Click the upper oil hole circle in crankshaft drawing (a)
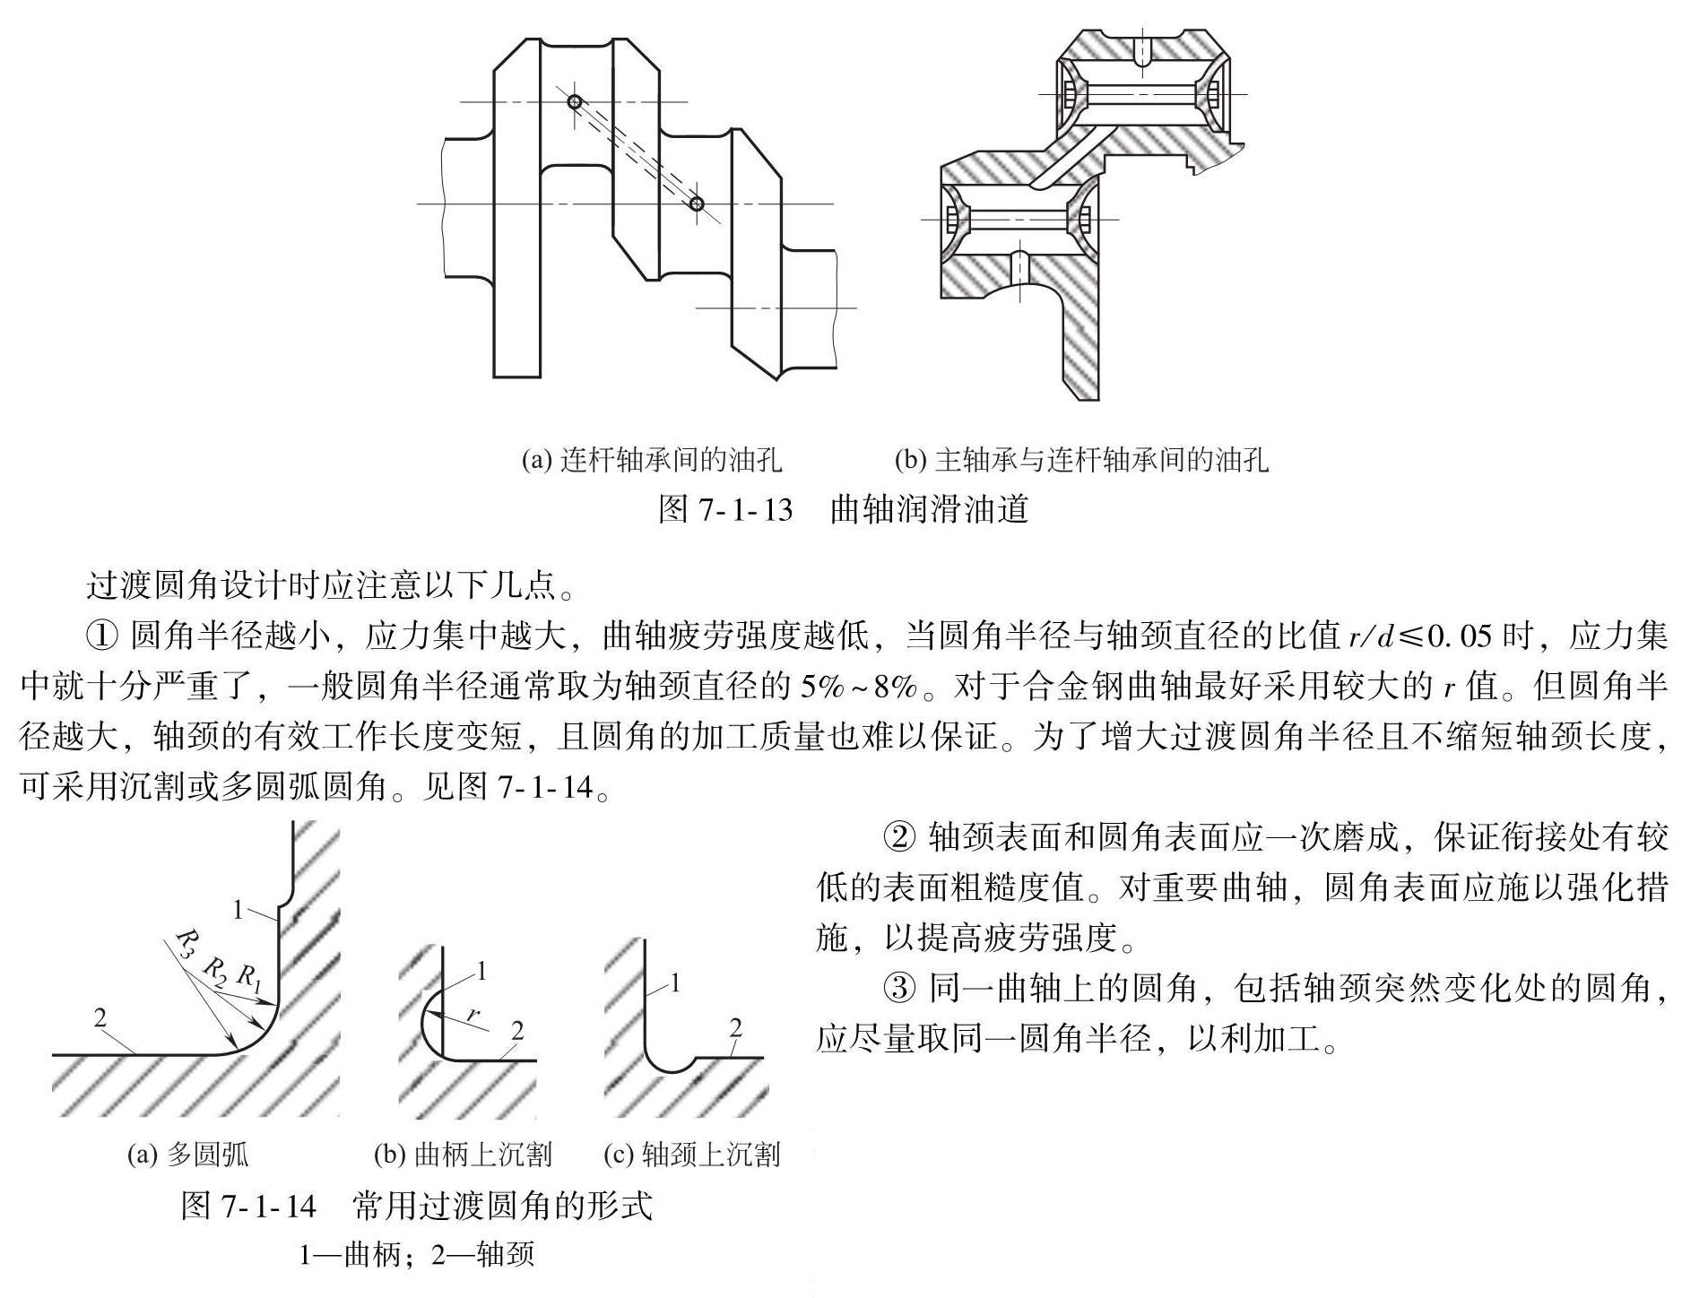tap(575, 102)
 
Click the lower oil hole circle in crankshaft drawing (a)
tap(698, 204)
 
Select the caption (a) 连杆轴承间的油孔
tap(652, 460)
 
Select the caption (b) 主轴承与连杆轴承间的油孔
tap(1081, 460)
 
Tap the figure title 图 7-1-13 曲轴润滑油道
tap(843, 509)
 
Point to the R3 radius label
tap(186, 943)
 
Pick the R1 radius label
tap(248, 976)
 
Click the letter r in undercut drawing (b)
tap(473, 1014)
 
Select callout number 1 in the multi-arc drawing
tap(238, 910)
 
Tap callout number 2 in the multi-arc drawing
tap(100, 1017)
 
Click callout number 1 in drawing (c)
tap(675, 983)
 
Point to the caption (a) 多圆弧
tap(187, 1155)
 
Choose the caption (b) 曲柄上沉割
tap(463, 1155)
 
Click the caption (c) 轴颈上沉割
tap(691, 1155)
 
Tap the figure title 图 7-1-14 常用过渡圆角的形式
tap(417, 1206)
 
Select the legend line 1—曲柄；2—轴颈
tap(417, 1253)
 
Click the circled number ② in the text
tap(900, 837)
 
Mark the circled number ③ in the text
tap(900, 988)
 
